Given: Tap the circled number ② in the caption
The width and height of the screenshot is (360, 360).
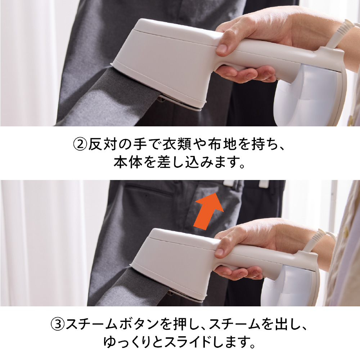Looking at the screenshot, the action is click(80, 144).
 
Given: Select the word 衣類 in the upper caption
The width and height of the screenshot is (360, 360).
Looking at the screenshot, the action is click(177, 144).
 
